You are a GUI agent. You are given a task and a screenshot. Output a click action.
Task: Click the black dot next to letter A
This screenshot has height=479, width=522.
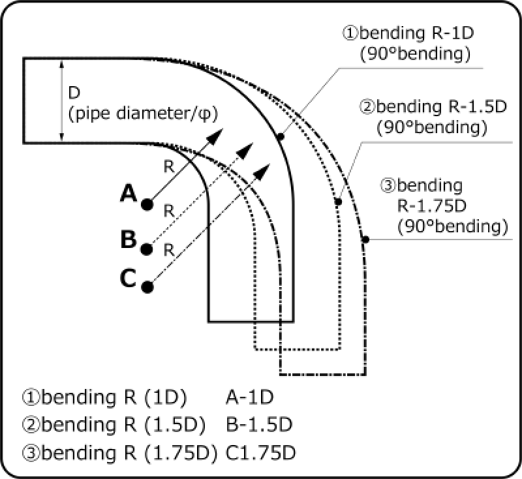pyautogui.click(x=147, y=204)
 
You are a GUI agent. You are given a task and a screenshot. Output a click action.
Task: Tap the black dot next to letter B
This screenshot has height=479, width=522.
pyautogui.click(x=147, y=249)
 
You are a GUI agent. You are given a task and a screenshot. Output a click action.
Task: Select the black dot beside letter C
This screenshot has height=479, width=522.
pyautogui.click(x=147, y=286)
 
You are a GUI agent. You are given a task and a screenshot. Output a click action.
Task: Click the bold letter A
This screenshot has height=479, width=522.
pyautogui.click(x=128, y=193)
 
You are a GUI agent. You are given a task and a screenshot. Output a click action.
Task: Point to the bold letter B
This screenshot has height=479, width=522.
pyautogui.click(x=128, y=239)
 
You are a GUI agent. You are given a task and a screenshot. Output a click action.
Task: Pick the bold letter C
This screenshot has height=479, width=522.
pyautogui.click(x=128, y=278)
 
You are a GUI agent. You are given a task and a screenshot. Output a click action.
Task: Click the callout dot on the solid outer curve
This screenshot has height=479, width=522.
pyautogui.click(x=280, y=137)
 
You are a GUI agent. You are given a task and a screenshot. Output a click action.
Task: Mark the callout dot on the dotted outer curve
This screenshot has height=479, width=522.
pyautogui.click(x=338, y=202)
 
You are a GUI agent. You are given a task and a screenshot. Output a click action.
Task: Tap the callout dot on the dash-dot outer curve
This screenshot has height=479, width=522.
pyautogui.click(x=365, y=240)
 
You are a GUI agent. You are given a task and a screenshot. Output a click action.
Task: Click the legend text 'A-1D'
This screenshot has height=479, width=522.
pyautogui.click(x=248, y=397)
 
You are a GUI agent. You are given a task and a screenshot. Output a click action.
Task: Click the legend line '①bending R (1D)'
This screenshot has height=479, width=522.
pyautogui.click(x=105, y=397)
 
